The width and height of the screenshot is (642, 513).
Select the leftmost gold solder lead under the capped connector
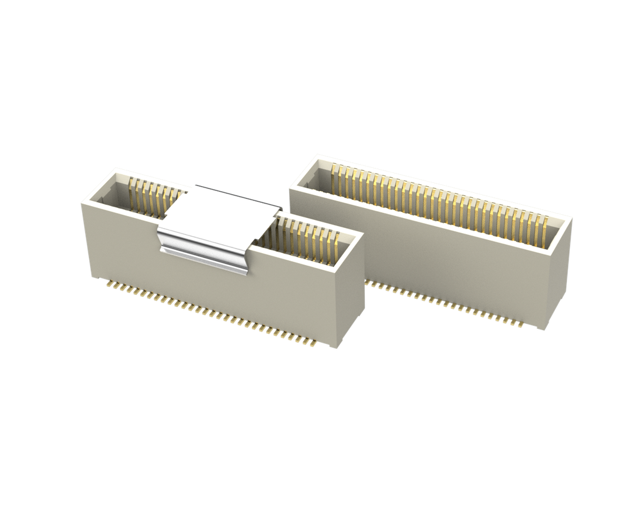(x=108, y=285)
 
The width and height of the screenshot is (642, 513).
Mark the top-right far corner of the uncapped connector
(x=572, y=217)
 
